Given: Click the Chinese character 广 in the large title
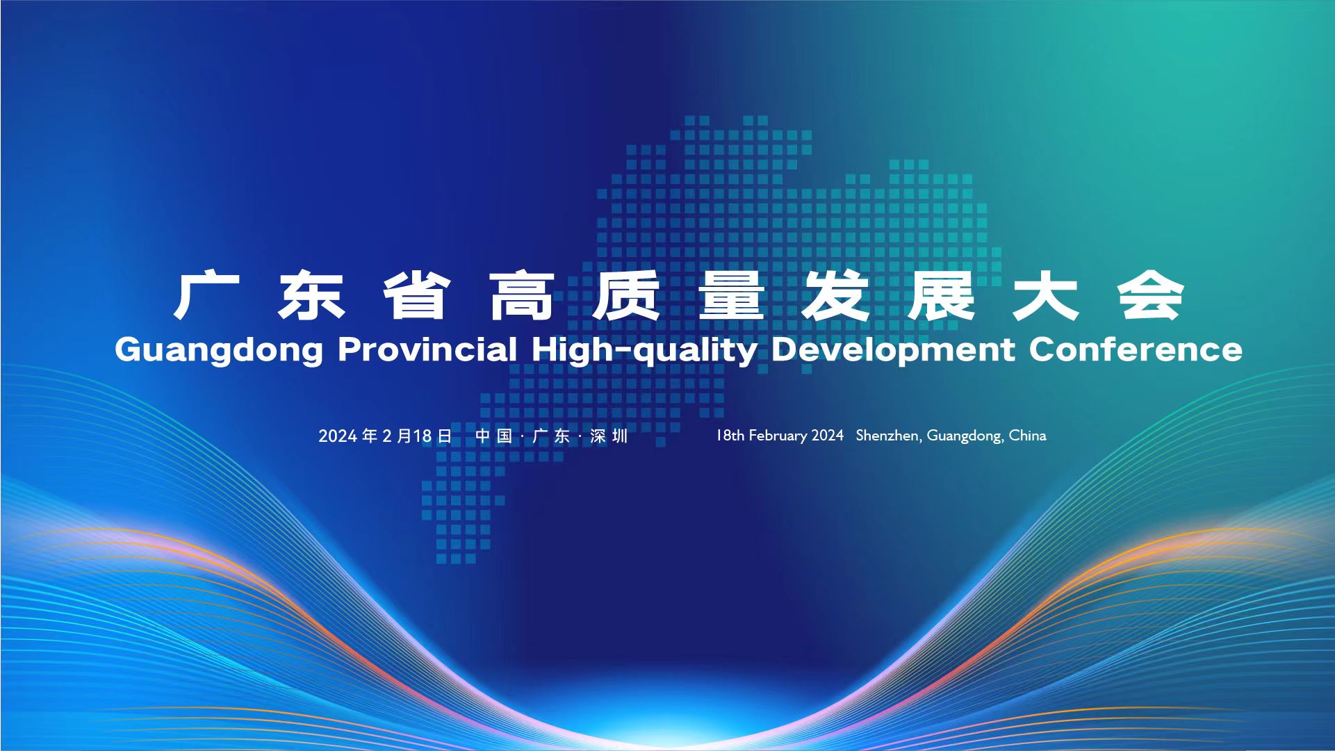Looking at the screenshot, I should (206, 297).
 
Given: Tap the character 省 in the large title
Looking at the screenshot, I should (416, 297).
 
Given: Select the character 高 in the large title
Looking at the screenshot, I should (522, 297).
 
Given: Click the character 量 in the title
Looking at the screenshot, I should (732, 297).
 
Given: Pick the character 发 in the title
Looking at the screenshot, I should (837, 297).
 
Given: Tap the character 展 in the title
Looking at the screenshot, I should (942, 297).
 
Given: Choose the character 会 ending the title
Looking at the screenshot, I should (1152, 297).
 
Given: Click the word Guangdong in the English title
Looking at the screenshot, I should (219, 349).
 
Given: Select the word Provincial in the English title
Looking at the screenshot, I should (427, 348).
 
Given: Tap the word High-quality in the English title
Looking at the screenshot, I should (644, 349).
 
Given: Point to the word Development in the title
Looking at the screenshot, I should (893, 349).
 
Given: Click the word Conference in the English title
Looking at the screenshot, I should (1136, 348).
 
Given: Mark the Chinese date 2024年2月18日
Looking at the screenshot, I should (385, 436).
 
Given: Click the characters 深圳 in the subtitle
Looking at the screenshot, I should (609, 436).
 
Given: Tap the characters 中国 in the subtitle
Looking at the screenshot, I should (493, 436).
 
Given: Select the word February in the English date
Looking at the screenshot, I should (778, 436).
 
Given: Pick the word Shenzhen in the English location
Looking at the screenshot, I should (887, 436).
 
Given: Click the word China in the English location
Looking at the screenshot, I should (1027, 436).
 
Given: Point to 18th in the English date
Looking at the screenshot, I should (730, 436).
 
